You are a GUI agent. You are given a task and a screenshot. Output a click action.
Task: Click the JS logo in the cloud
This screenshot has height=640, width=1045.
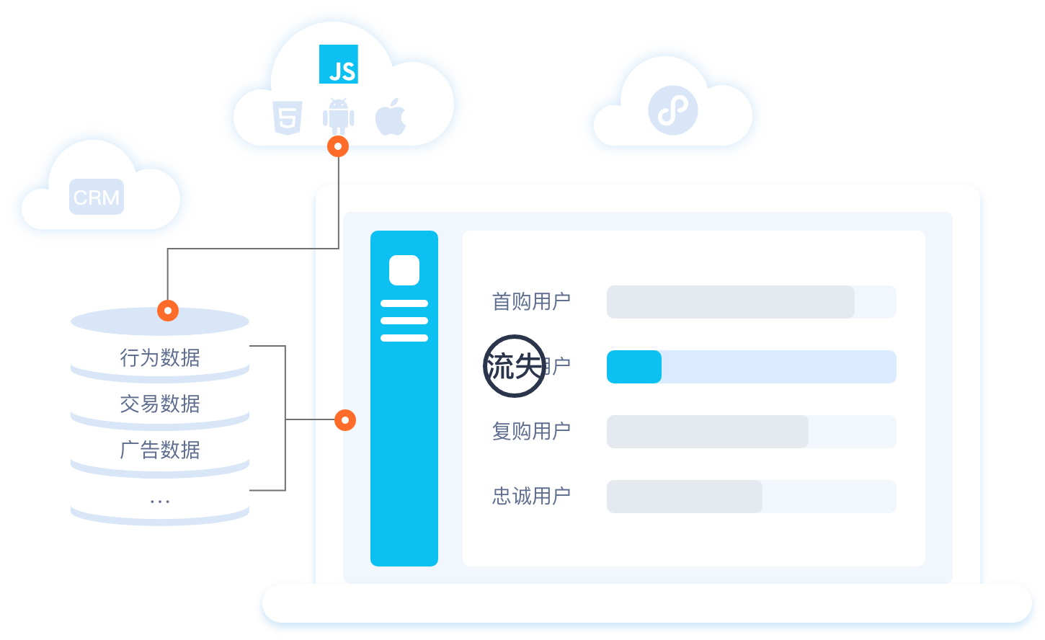(x=339, y=64)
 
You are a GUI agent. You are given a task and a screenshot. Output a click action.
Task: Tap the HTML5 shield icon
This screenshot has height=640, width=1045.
(x=287, y=117)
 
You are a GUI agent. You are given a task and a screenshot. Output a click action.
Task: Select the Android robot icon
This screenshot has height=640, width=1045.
(x=338, y=115)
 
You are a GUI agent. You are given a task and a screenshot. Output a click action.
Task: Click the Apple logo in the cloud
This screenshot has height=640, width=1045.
(x=391, y=117)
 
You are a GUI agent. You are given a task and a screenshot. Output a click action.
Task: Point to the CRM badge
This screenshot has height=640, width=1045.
(x=97, y=197)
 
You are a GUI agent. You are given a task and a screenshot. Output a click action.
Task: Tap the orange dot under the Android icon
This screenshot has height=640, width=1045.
(x=338, y=147)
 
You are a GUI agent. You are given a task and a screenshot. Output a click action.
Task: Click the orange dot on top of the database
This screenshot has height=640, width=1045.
(x=168, y=311)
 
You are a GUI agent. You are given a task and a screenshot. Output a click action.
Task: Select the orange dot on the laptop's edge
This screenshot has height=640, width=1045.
(x=345, y=419)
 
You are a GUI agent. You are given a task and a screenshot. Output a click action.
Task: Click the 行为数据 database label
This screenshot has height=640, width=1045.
(x=160, y=357)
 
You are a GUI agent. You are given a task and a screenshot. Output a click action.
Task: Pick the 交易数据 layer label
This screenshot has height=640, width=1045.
(x=160, y=404)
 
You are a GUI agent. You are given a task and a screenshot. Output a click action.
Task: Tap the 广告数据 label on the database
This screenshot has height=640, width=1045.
(x=160, y=450)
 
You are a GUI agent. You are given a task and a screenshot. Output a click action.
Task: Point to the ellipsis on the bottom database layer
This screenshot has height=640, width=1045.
(x=160, y=500)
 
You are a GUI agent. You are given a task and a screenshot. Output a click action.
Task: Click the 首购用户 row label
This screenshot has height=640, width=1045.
(x=531, y=301)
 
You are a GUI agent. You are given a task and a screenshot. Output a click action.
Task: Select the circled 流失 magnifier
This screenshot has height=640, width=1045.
(x=514, y=366)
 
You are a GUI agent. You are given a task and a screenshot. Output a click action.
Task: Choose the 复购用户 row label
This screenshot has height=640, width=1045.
(x=531, y=431)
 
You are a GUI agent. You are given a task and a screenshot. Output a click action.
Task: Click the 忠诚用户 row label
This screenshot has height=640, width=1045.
(x=531, y=496)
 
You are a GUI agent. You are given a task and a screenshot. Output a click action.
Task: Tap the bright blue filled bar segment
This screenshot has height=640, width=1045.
(x=634, y=367)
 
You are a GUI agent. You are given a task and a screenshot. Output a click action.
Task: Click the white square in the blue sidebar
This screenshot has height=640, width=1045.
(x=404, y=270)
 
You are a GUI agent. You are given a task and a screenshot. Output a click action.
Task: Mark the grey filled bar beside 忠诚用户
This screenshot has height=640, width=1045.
(x=685, y=497)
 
